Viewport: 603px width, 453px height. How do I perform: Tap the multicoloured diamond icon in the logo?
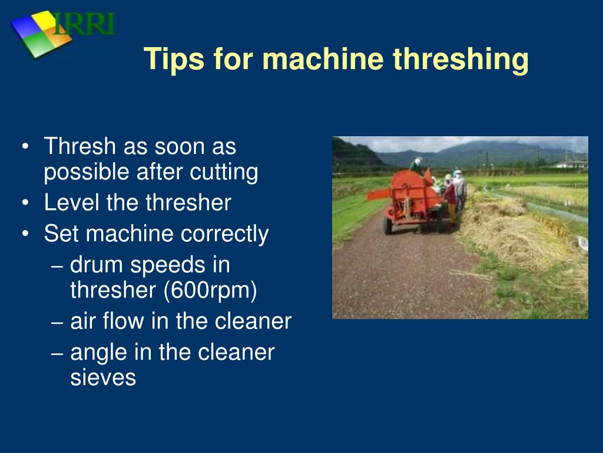(x=40, y=34)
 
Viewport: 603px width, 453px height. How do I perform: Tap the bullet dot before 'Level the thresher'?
(x=26, y=203)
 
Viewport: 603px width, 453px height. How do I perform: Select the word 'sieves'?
(x=103, y=377)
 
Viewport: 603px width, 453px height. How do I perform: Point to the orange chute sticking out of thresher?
(x=377, y=194)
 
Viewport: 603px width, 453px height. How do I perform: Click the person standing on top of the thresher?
(x=417, y=166)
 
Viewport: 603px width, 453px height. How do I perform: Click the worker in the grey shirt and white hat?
(x=459, y=188)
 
